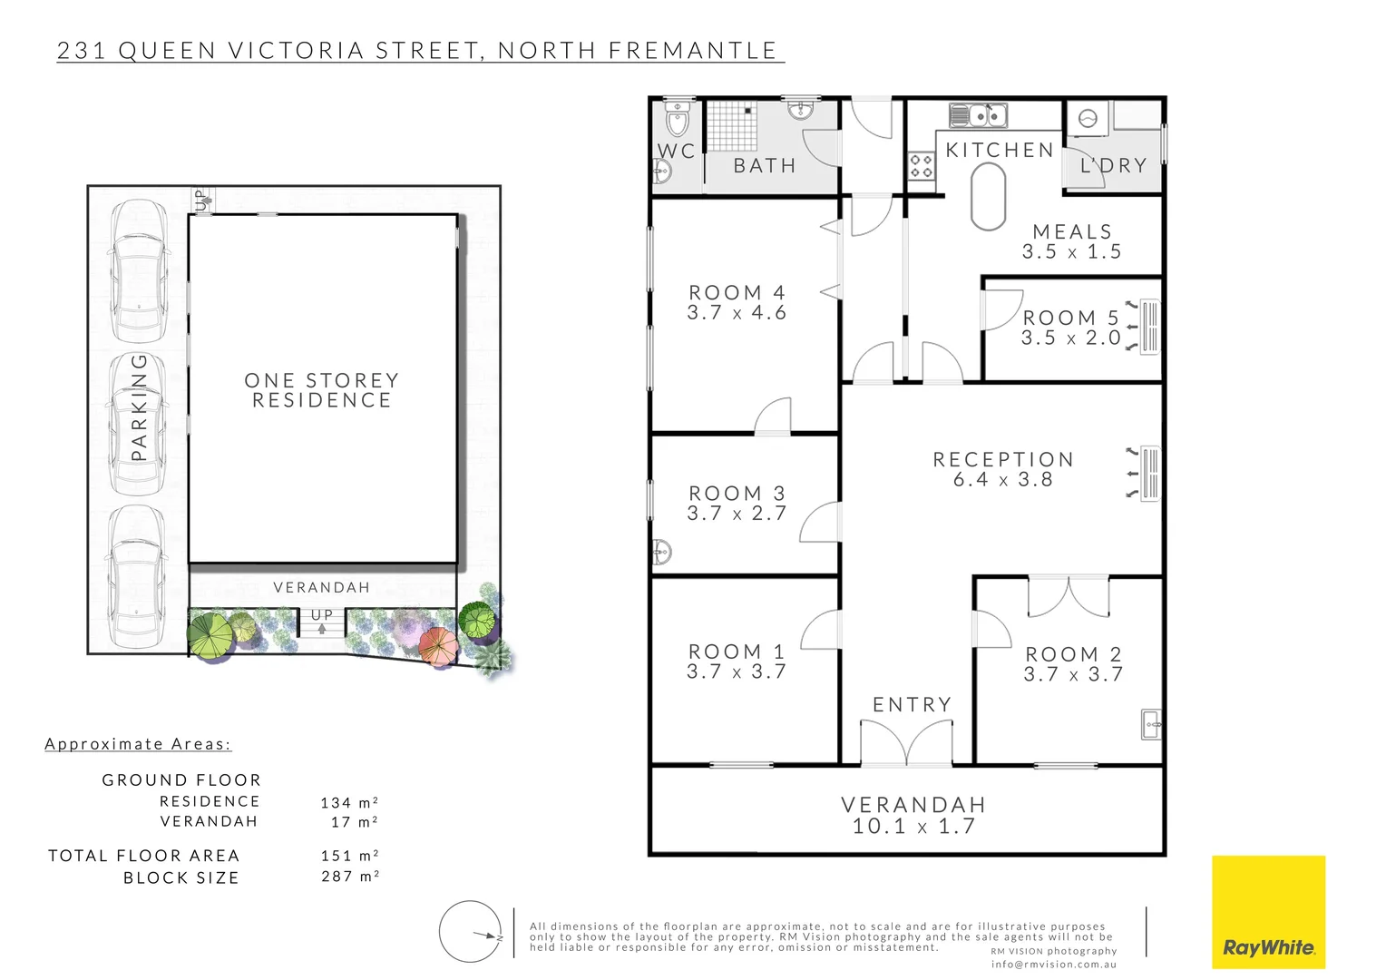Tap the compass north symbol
tap(471, 932)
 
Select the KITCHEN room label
tap(999, 150)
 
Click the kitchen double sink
tap(978, 115)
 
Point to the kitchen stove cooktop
tap(922, 166)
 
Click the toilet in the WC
tap(677, 118)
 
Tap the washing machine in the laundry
tap(1088, 118)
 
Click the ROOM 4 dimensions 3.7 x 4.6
tap(737, 313)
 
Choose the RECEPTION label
tap(1003, 459)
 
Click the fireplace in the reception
tap(1148, 473)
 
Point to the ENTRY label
tap(912, 704)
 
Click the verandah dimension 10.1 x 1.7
tap(913, 827)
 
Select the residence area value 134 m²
tap(349, 803)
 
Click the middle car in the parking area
tap(138, 423)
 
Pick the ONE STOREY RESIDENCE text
tap(322, 390)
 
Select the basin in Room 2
tap(1151, 724)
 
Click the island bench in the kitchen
tap(988, 197)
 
